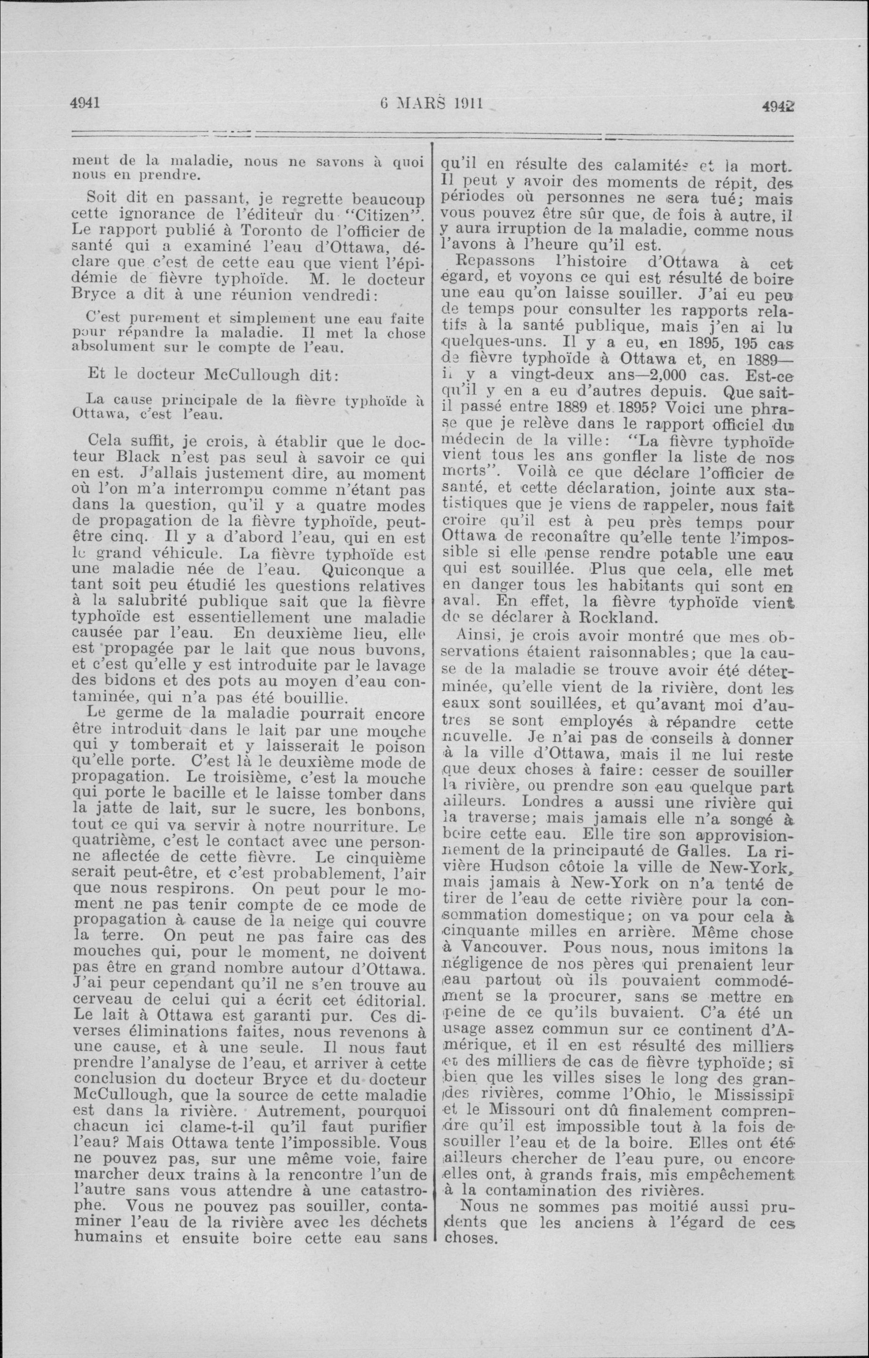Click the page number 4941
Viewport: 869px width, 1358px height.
pyautogui.click(x=85, y=103)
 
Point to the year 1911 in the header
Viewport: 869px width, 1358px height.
pyautogui.click(x=466, y=103)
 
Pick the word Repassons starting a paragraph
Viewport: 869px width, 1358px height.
pyautogui.click(x=489, y=262)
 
